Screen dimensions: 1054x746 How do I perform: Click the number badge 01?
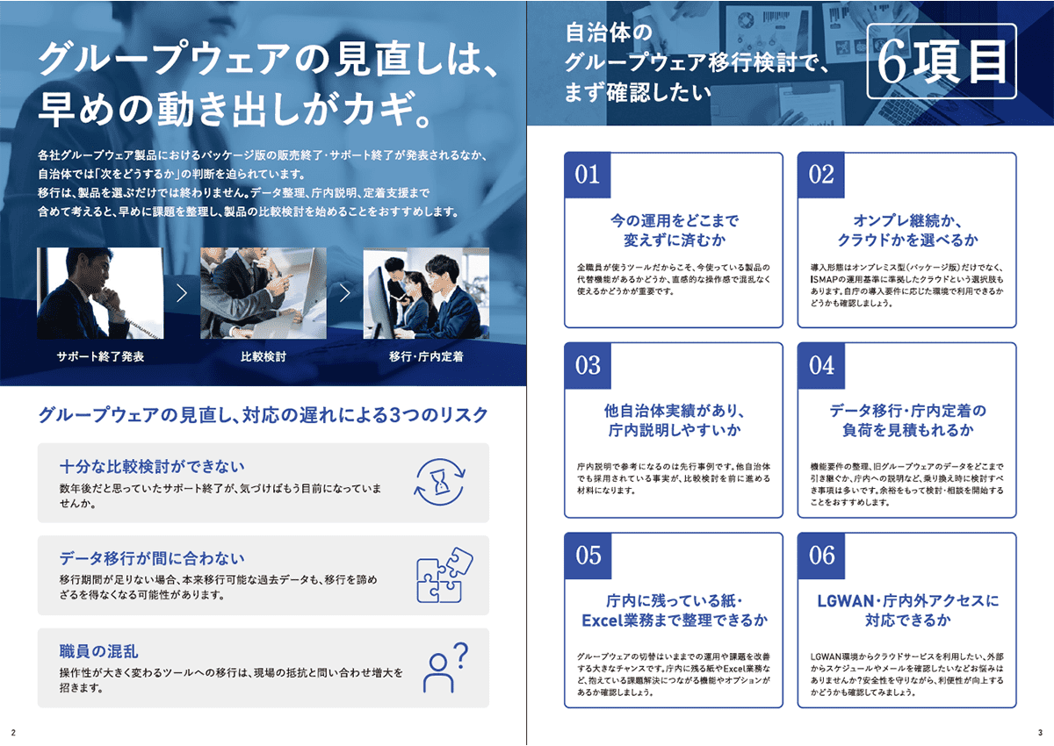[588, 175]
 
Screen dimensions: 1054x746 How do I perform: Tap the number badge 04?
[821, 365]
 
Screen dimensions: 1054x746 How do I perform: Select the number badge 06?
[821, 556]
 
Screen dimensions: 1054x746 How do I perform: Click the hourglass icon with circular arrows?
[440, 482]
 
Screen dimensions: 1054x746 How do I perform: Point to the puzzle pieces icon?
[444, 575]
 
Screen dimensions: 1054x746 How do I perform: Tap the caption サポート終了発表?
[100, 356]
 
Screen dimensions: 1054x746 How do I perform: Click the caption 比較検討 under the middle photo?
[263, 356]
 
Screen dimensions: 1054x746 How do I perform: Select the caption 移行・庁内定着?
[426, 356]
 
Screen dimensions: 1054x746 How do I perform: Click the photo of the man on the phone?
[100, 293]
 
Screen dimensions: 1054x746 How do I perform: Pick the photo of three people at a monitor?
[426, 293]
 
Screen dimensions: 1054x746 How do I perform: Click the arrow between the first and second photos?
[182, 293]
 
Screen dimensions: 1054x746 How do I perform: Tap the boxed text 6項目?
[942, 61]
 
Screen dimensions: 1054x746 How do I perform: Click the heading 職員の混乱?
[98, 651]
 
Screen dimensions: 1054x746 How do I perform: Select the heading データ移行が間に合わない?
[152, 558]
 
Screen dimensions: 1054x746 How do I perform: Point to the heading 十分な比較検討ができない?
[152, 466]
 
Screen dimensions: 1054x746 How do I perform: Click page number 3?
[1040, 732]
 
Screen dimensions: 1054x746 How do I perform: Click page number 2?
[13, 732]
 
